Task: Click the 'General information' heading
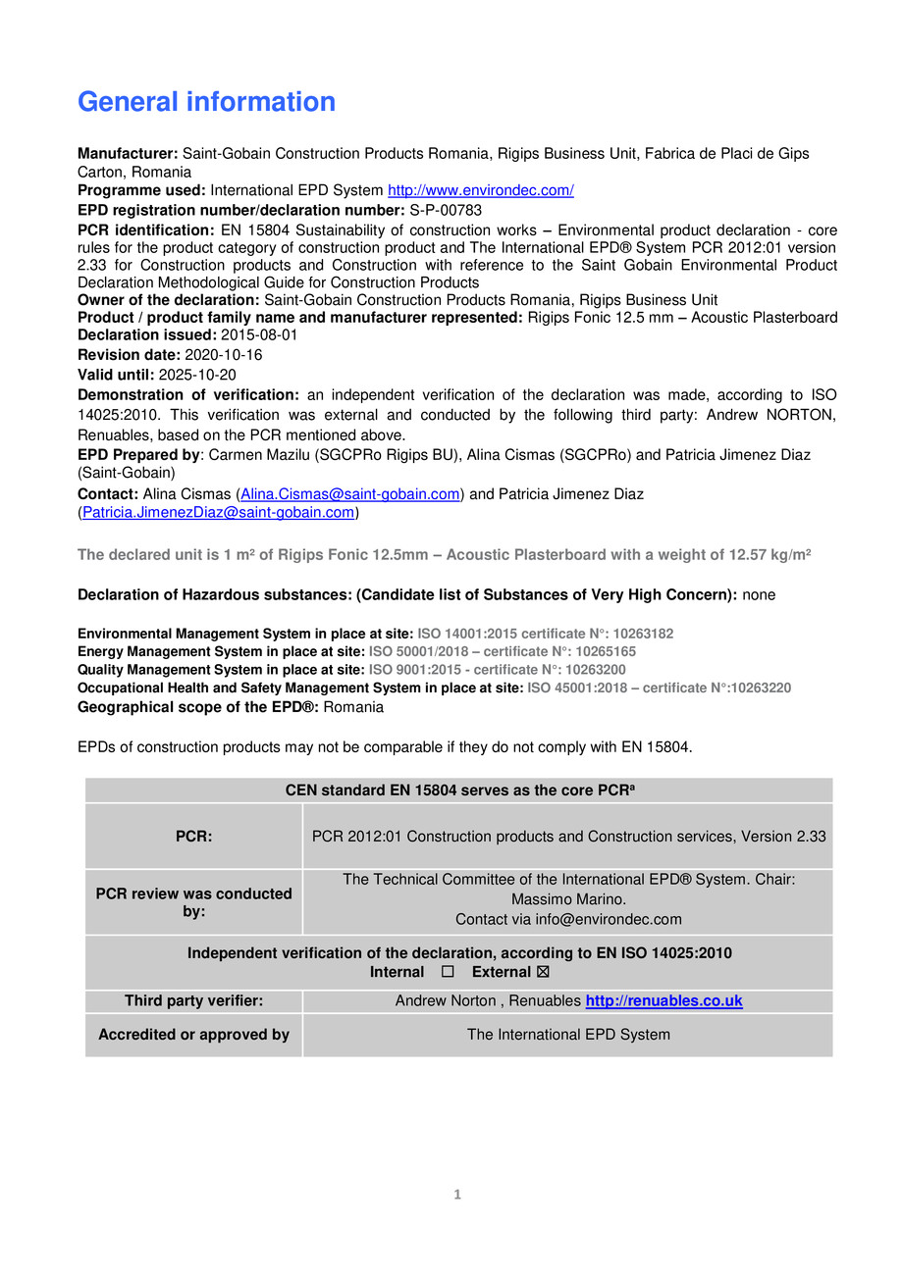206,102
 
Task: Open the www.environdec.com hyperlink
480,190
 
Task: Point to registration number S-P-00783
446,210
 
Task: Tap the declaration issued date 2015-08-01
259,335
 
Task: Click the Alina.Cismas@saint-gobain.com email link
349,494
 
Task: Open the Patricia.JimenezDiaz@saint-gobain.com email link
218,512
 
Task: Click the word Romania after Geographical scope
353,707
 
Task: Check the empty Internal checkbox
448,972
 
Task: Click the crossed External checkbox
544,972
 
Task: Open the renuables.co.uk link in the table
663,1001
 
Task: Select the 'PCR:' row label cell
193,837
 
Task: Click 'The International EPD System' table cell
568,1035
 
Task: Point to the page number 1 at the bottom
456,1195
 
